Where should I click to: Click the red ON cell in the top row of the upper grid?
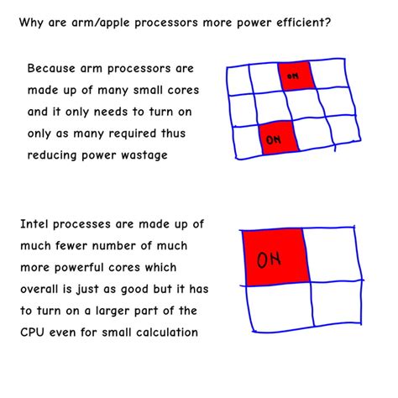coord(295,76)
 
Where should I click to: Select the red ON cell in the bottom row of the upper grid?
coord(274,138)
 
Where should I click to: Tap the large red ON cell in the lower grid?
coord(270,258)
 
